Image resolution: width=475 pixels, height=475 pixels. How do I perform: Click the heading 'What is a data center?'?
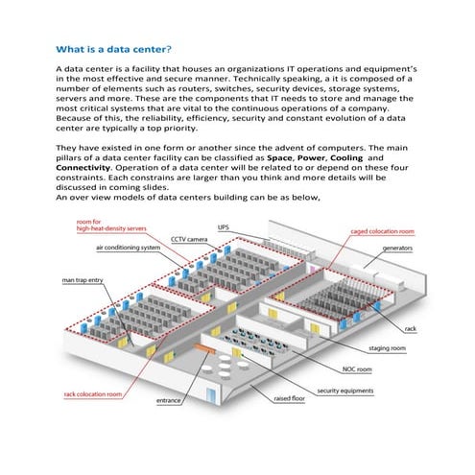coord(114,48)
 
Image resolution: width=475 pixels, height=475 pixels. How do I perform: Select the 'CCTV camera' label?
coord(189,238)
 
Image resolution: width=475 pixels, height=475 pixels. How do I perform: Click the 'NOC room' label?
coord(360,368)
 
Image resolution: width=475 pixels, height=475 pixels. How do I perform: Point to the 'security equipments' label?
coord(345,391)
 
